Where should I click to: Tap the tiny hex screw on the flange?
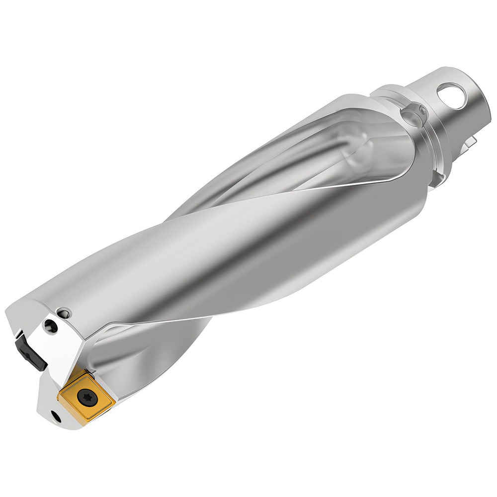tap(422, 110)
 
